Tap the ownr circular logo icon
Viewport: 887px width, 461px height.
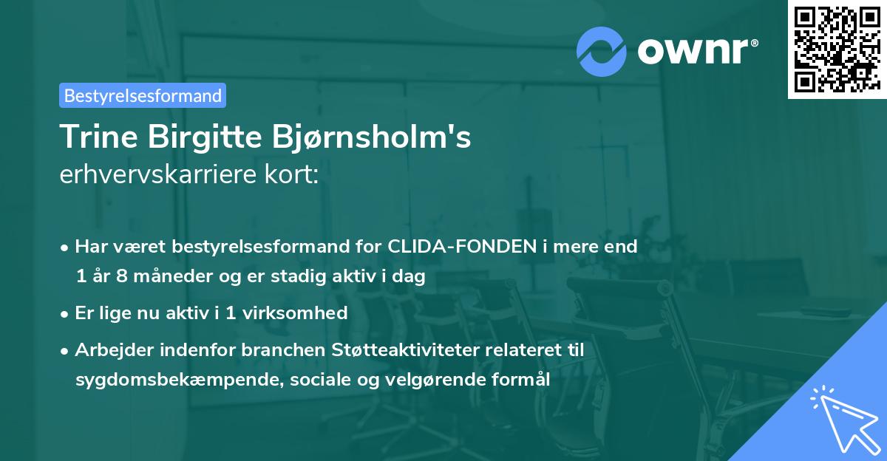602,52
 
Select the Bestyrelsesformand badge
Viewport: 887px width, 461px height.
143,95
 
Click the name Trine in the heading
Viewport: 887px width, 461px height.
99,137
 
